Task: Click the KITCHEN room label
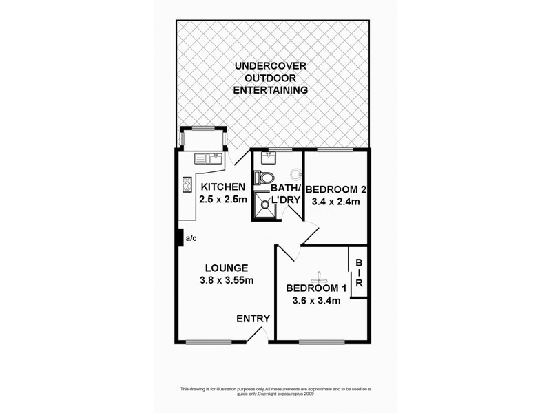[x=222, y=187]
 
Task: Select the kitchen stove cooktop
[x=187, y=184]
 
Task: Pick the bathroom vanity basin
[x=267, y=158]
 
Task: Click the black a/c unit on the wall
[x=180, y=237]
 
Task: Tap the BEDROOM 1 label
[x=318, y=288]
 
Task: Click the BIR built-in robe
[x=359, y=273]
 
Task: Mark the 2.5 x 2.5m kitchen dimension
[x=222, y=200]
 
